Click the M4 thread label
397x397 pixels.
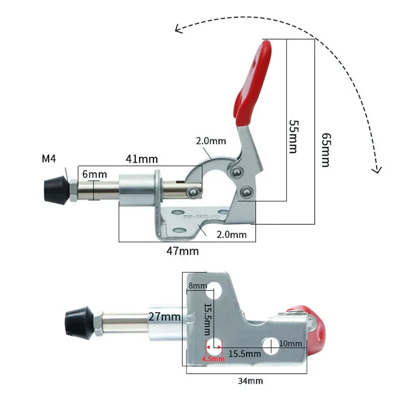(49, 159)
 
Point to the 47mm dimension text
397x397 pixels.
(182, 251)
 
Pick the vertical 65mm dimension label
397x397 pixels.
(325, 149)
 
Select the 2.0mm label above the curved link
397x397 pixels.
(210, 141)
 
